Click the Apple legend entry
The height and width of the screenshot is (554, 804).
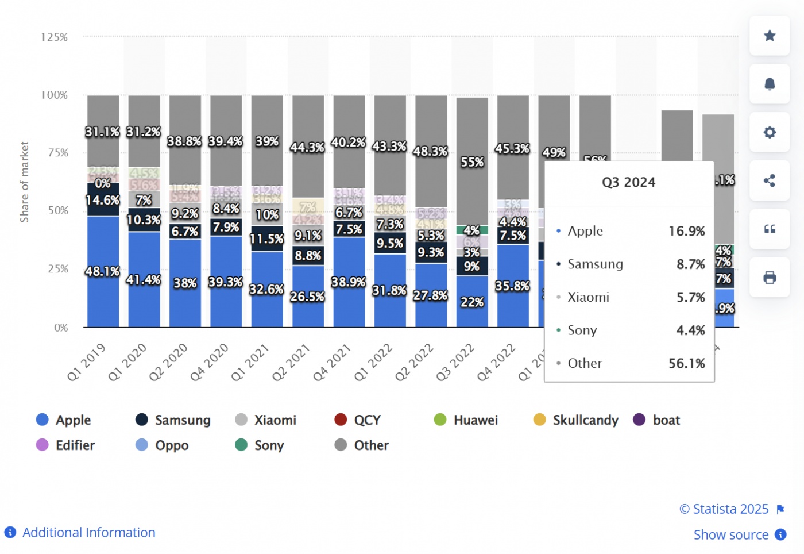[64, 420]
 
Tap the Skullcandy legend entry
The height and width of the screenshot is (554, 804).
[576, 420]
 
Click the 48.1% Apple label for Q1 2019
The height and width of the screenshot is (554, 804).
[103, 271]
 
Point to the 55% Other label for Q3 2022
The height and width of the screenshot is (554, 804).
[472, 162]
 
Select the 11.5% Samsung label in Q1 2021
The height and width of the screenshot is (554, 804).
[266, 239]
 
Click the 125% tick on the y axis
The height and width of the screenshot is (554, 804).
[55, 37]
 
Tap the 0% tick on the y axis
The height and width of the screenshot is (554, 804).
[61, 328]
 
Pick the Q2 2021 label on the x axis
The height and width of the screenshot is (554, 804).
[291, 363]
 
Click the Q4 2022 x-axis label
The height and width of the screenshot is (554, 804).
[496, 363]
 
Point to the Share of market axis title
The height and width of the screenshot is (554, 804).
[24, 182]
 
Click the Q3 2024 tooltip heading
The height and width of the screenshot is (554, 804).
[628, 183]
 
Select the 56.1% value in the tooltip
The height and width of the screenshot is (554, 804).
[686, 363]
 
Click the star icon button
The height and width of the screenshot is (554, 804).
[770, 36]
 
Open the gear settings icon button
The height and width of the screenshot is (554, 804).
[770, 132]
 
